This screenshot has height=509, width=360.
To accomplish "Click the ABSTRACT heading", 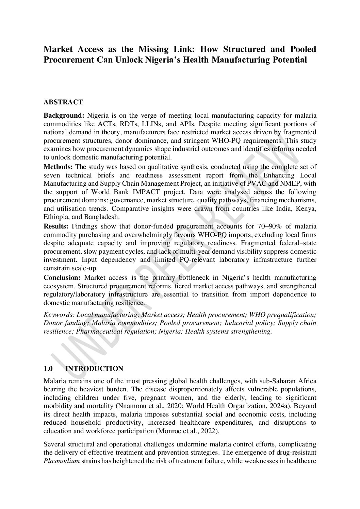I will [x=63, y=102].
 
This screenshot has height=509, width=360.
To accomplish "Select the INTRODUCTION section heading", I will [x=94, y=369].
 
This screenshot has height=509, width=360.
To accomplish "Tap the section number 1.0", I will [x=48, y=369].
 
